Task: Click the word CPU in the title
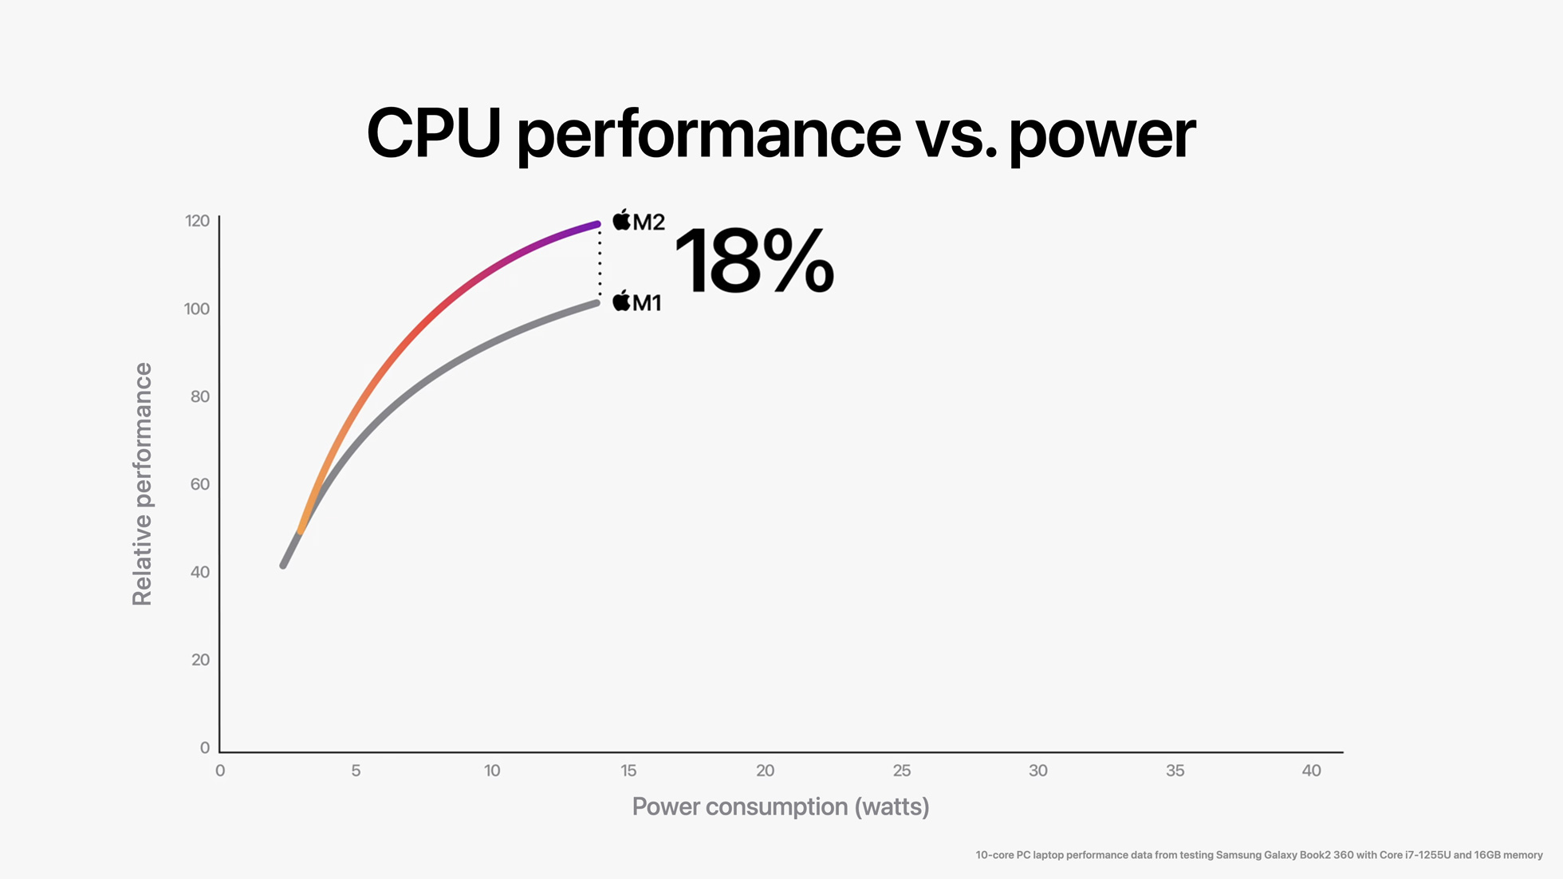click(433, 134)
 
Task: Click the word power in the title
click(1101, 136)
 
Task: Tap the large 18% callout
click(754, 261)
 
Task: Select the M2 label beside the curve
click(648, 222)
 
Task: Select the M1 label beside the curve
click(647, 303)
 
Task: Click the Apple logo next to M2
click(621, 219)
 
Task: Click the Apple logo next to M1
click(621, 301)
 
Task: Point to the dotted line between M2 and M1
click(600, 263)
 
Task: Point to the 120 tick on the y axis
click(197, 221)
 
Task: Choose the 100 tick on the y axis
click(197, 309)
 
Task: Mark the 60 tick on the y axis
click(199, 484)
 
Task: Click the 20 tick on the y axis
click(200, 660)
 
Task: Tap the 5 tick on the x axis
click(356, 771)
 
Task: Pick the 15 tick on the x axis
click(628, 771)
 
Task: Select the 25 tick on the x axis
click(901, 771)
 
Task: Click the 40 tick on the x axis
click(1311, 771)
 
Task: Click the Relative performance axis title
click(142, 484)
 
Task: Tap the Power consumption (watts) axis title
click(781, 806)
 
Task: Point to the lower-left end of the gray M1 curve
click(284, 564)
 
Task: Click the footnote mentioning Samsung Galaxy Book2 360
click(1258, 855)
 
